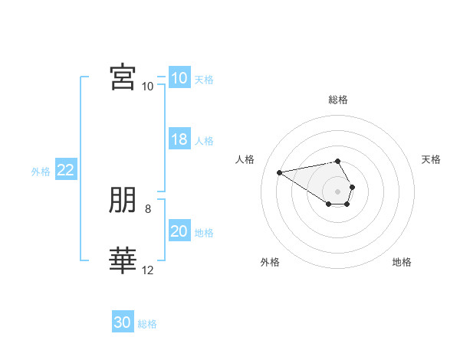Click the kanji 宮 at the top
(123, 77)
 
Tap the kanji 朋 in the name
(123, 200)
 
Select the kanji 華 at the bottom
(123, 260)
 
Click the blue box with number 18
(179, 139)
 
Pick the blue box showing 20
(179, 230)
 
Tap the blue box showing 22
(66, 169)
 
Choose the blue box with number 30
(123, 321)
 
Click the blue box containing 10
(179, 77)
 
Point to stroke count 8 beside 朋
(148, 209)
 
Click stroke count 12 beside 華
(147, 270)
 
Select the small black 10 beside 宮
(147, 87)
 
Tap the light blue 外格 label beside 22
(41, 172)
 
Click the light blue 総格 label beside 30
(147, 324)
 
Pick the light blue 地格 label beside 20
(204, 233)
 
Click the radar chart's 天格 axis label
(431, 159)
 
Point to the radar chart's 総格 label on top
(338, 100)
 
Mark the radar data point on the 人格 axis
(279, 172)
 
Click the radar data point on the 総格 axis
(337, 162)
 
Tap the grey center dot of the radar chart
(337, 191)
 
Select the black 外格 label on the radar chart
(270, 262)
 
